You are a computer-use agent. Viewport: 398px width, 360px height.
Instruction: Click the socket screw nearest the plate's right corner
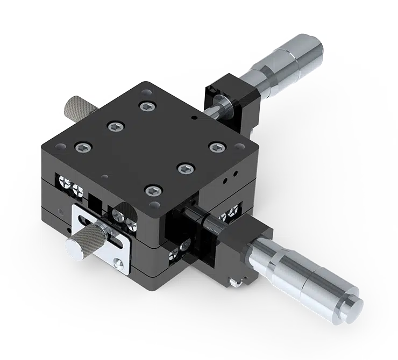[x=216, y=146]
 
